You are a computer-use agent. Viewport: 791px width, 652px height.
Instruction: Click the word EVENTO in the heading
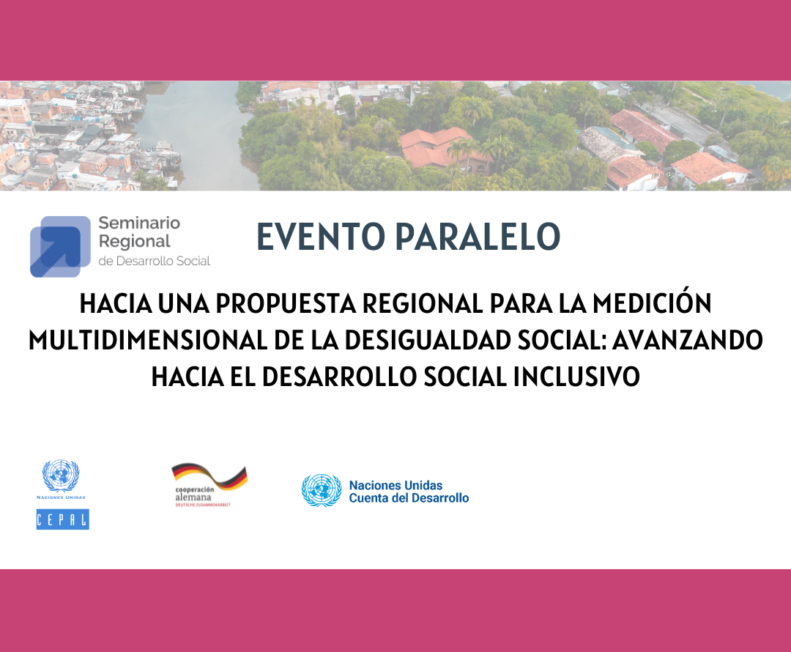point(321,236)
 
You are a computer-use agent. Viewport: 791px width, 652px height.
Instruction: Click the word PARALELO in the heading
point(478,236)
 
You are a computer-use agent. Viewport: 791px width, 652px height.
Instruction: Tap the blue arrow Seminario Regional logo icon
point(60,246)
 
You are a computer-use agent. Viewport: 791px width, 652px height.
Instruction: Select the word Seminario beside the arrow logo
point(139,223)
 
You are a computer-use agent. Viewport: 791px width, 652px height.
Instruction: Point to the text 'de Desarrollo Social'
point(155,261)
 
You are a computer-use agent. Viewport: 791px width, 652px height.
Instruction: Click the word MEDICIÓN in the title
point(652,303)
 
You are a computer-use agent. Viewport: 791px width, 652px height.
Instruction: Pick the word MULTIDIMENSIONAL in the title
point(148,340)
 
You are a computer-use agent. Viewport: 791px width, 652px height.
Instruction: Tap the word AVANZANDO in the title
point(687,340)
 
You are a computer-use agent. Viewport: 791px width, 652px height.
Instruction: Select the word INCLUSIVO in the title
point(576,377)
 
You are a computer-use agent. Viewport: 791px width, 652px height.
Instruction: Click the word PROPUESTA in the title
point(286,304)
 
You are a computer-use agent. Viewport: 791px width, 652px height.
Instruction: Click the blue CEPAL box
point(62,519)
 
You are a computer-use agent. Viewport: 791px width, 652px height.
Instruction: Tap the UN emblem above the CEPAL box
point(61,475)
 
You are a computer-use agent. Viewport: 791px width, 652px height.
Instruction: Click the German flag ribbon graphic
point(210,476)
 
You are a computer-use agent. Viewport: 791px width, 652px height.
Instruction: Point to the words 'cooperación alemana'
point(194,493)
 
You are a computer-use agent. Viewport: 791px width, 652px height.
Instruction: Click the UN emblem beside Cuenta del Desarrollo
point(322,491)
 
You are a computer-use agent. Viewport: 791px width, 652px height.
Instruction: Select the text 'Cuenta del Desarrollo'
point(409,498)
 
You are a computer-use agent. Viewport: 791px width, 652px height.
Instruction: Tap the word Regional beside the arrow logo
point(135,242)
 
